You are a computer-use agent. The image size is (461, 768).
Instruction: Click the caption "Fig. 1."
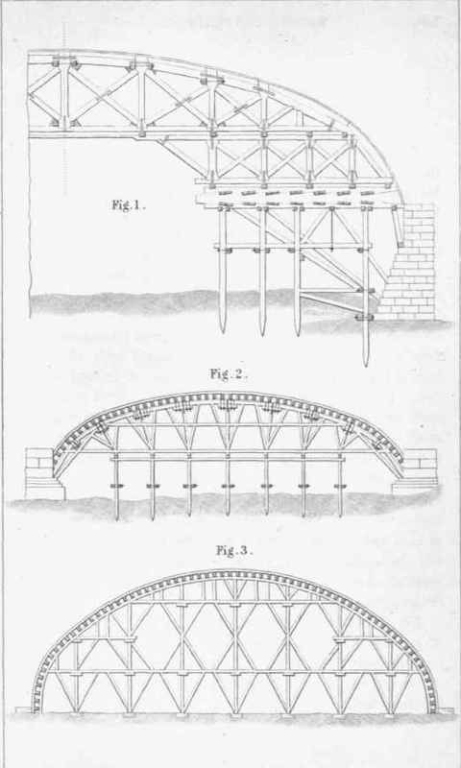click(x=127, y=205)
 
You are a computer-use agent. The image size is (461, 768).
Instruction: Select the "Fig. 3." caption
click(x=233, y=550)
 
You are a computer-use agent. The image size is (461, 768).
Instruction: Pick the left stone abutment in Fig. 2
click(x=43, y=473)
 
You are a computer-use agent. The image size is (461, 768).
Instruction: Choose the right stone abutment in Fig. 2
click(x=416, y=471)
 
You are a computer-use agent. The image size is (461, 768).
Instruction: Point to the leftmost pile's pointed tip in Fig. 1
click(x=224, y=333)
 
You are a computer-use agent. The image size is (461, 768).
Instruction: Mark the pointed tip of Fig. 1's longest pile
click(x=366, y=366)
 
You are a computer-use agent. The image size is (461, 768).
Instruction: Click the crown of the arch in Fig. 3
click(x=234, y=573)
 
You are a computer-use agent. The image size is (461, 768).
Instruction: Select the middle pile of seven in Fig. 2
click(x=228, y=485)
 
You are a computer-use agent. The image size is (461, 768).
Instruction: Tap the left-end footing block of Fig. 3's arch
click(x=23, y=709)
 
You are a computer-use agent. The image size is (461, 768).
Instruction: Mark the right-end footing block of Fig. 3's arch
click(x=446, y=709)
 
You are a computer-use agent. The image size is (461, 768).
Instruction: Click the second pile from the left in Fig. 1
click(x=263, y=272)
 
